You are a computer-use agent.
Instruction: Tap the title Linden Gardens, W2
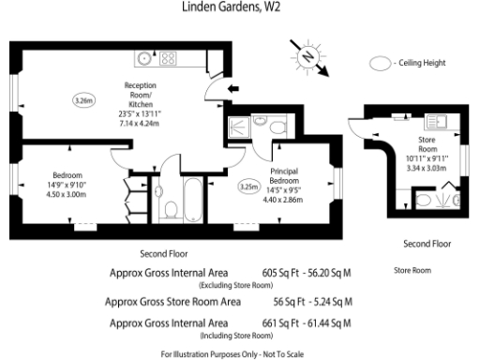click(x=239, y=7)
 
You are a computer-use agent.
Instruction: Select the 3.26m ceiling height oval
click(x=83, y=98)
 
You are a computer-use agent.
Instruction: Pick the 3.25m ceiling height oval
click(x=248, y=186)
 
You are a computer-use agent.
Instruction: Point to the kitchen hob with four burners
click(x=169, y=58)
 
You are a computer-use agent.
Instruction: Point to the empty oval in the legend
click(x=379, y=63)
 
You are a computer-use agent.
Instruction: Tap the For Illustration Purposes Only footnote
click(x=238, y=352)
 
